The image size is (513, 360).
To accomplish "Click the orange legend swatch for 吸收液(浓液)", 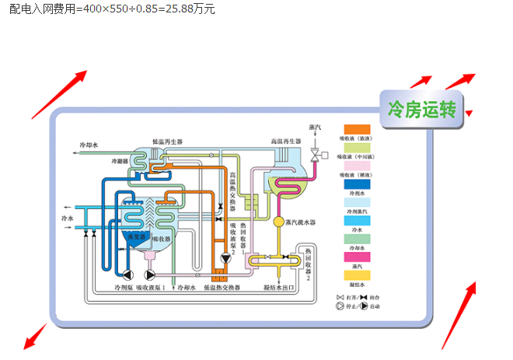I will click(357, 129).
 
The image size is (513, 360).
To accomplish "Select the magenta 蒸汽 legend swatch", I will click(357, 257).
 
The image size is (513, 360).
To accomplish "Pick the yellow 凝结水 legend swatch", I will click(357, 274).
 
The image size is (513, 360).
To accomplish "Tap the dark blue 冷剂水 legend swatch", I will click(357, 185).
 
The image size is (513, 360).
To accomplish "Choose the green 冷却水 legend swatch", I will click(357, 238).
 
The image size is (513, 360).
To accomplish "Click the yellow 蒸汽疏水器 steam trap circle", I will click(279, 222).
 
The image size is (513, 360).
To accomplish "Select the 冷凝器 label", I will click(118, 161).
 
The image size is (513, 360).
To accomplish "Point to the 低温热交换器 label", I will click(222, 288).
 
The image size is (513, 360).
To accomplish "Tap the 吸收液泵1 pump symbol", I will click(150, 274).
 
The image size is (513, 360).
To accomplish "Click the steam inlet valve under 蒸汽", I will click(315, 156).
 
